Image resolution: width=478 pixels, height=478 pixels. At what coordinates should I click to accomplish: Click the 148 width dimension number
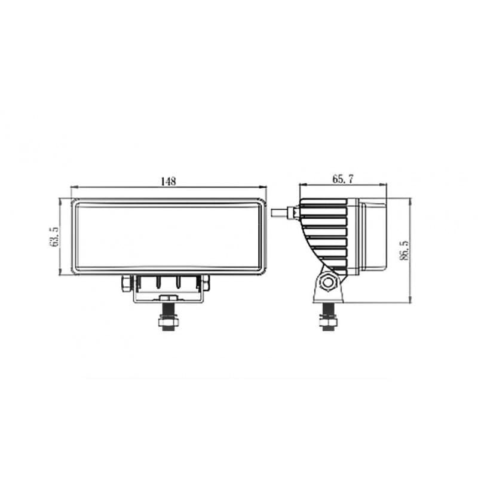coord(169,182)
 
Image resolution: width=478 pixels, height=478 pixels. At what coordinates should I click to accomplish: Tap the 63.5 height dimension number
coord(55,237)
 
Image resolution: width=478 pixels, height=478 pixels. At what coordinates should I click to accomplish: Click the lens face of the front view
coord(168,235)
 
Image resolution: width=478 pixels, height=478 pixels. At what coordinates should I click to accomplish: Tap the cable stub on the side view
coord(279,212)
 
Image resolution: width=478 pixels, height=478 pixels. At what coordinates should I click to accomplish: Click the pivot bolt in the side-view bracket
coord(327,283)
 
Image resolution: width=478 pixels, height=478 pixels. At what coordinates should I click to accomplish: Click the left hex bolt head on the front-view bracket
coord(126,283)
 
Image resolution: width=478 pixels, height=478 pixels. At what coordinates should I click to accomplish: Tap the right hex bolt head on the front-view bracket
coord(206,283)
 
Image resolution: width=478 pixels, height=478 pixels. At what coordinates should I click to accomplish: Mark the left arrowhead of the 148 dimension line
coord(73,188)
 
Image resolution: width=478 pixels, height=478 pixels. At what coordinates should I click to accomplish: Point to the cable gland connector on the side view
coord(295,212)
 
